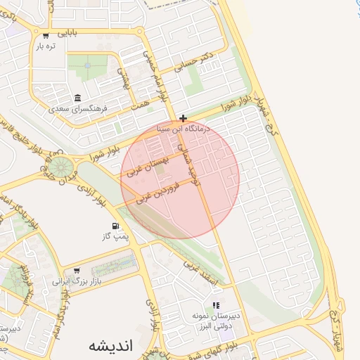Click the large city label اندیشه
tap(112, 345)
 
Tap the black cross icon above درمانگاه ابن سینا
tap(184, 118)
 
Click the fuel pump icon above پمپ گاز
tap(115, 227)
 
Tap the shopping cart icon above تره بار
tap(46, 34)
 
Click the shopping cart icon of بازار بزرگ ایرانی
tap(77, 269)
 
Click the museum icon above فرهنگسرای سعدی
tap(77, 98)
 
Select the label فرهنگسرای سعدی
tap(77, 109)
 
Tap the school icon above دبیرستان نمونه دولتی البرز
tap(217, 305)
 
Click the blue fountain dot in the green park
tap(88, 65)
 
